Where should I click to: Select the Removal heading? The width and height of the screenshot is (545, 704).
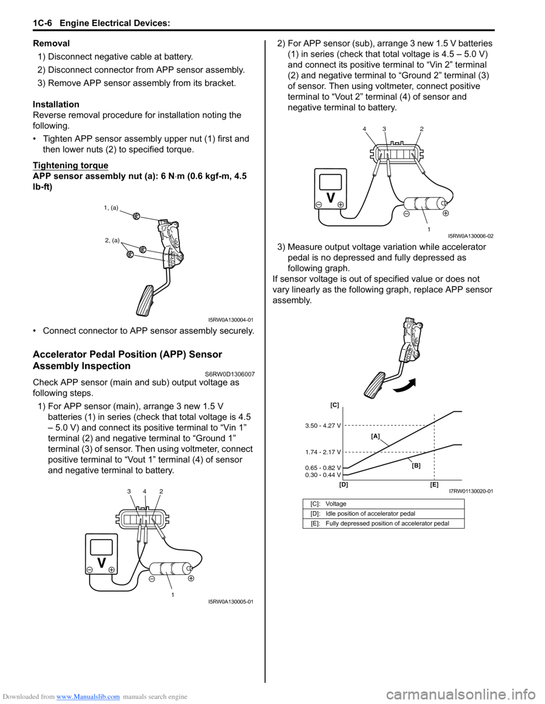tap(52, 43)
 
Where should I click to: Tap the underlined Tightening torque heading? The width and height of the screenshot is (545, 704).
tap(70, 165)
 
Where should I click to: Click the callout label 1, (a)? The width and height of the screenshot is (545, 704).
tap(111, 207)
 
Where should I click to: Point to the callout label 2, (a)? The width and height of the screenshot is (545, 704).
tap(112, 240)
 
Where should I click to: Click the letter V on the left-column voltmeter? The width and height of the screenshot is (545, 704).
tap(101, 562)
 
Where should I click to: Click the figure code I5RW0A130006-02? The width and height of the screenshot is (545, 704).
tap(471, 236)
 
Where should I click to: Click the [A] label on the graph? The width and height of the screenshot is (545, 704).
tap(375, 436)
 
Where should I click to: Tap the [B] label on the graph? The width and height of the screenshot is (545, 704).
tap(416, 465)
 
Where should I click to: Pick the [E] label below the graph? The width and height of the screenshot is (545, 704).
tap(434, 485)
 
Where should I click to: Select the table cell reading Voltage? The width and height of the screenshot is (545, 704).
tap(336, 504)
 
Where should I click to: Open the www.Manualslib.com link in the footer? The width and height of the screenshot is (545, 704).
tap(88, 697)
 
